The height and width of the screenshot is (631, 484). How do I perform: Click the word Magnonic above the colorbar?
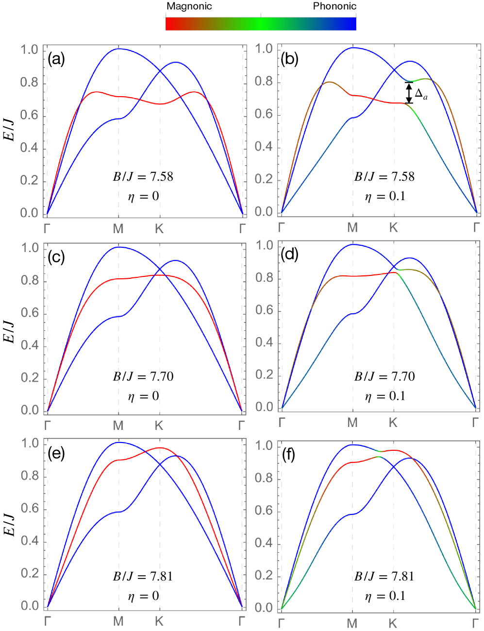pos(189,7)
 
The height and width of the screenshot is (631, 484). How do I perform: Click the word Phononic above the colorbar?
pos(334,6)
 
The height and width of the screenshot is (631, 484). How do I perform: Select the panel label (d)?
pos(290,255)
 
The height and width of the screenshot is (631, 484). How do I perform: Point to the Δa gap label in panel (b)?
pos(421,94)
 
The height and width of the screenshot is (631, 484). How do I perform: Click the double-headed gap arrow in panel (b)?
pos(409,93)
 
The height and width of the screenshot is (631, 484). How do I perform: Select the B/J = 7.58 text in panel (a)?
pos(143,176)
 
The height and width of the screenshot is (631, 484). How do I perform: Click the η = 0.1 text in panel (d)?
pos(385,396)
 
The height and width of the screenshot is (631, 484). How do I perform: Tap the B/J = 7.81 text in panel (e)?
pos(143,577)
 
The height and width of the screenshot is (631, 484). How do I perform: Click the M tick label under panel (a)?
pos(118,229)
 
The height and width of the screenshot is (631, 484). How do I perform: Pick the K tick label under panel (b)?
pos(393,228)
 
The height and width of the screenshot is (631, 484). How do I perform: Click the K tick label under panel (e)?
pos(159,621)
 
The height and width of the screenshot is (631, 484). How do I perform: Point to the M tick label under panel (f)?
pos(352,623)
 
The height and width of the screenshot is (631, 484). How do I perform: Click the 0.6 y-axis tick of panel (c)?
pos(30,313)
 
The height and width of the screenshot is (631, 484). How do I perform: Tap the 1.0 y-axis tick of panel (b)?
pos(264,49)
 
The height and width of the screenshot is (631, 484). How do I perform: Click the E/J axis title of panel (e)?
pos(9,524)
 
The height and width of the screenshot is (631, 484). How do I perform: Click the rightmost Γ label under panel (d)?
pos(476,423)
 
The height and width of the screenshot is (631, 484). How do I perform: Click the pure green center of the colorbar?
pos(261,23)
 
